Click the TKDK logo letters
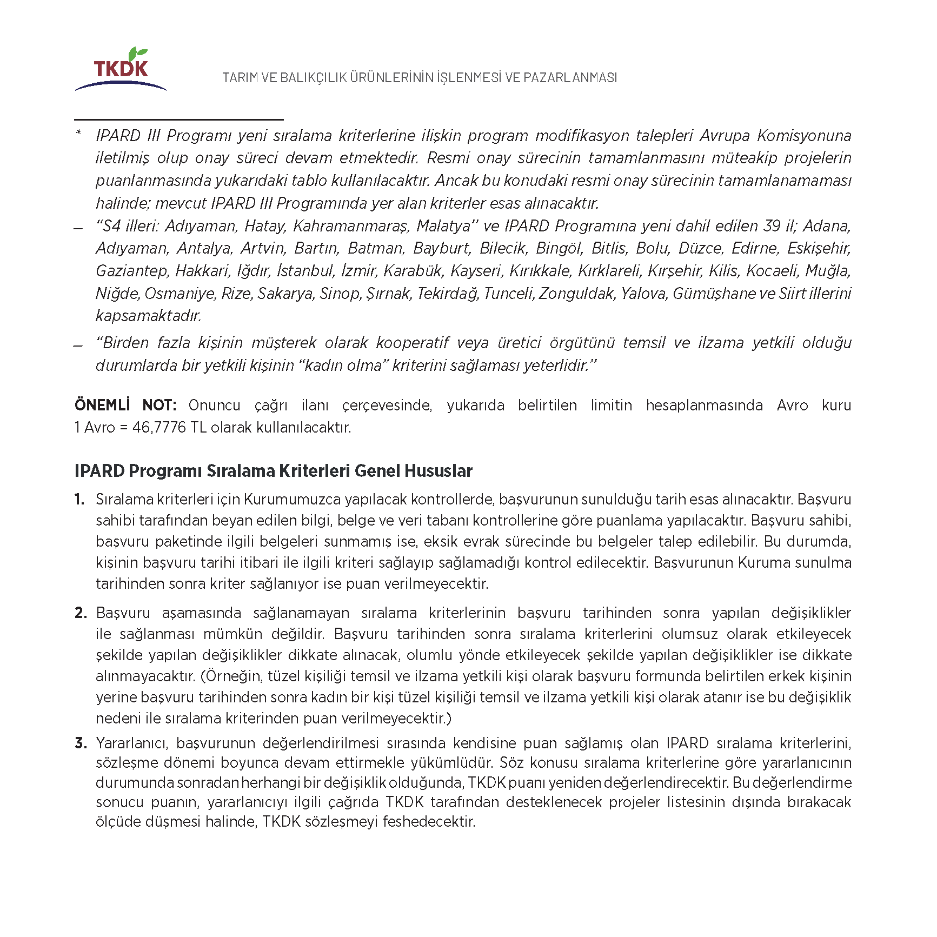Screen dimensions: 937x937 click(121, 69)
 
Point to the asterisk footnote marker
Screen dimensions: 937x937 click(79, 133)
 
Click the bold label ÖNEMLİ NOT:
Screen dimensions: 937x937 click(125, 405)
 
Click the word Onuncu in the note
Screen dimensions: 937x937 click(214, 405)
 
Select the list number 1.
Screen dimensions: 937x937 click(79, 499)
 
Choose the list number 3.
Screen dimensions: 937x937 click(80, 743)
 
